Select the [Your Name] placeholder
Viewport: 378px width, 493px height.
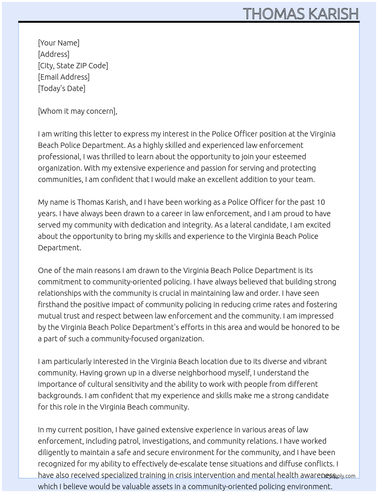59,43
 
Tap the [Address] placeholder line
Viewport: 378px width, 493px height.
54,54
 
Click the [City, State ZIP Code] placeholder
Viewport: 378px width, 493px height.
73,66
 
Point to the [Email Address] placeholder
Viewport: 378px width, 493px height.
64,77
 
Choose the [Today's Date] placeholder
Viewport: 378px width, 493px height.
61,88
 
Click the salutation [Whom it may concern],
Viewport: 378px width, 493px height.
77,111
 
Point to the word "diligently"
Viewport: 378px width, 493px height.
53,452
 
